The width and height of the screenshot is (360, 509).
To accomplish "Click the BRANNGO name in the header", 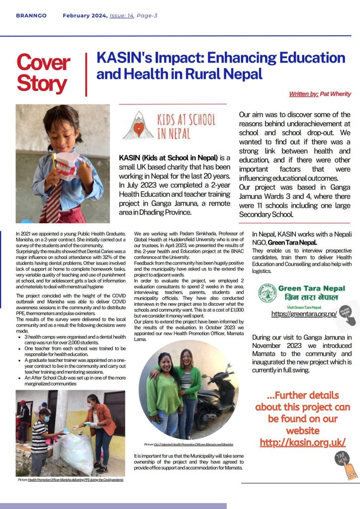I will (31, 16).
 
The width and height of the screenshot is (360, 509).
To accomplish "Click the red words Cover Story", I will (43, 74).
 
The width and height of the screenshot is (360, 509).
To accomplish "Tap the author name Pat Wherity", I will (336, 94).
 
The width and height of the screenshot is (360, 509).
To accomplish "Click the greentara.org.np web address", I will (304, 314).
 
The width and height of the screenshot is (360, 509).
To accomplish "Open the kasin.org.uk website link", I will (302, 442).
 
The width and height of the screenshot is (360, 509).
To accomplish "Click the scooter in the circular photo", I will (216, 393).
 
